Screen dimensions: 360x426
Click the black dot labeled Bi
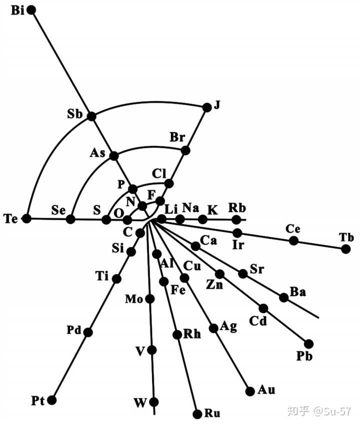(x=31, y=10)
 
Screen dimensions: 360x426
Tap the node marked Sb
(x=91, y=116)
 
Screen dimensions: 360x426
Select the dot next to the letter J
(x=206, y=106)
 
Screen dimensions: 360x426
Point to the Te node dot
(x=27, y=218)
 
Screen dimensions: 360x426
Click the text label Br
(x=177, y=137)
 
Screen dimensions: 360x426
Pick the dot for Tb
(x=345, y=249)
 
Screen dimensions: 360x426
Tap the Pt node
(x=51, y=400)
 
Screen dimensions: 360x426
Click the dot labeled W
(x=154, y=402)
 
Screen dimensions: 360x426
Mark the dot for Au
(x=249, y=390)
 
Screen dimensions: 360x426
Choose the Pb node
(x=308, y=344)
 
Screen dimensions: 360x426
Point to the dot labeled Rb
(x=236, y=219)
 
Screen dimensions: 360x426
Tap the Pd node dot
(x=88, y=332)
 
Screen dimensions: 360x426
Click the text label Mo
(x=133, y=300)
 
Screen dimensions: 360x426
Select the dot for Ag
(x=213, y=328)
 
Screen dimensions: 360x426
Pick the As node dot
(x=113, y=156)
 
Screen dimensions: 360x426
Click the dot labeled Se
(x=70, y=219)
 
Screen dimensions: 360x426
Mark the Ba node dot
(x=283, y=297)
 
